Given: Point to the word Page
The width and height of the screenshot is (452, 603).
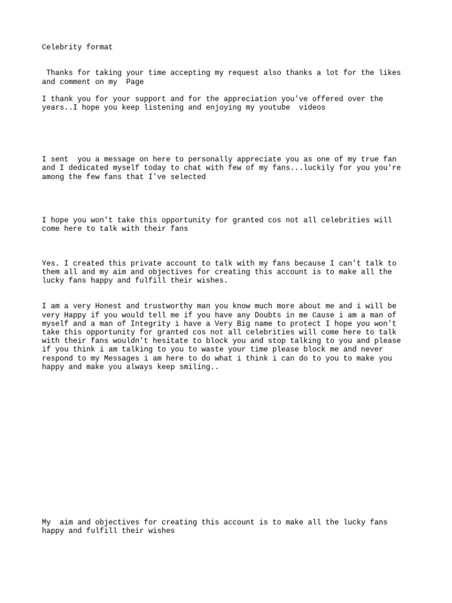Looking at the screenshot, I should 135,82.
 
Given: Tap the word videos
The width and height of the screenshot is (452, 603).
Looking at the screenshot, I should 312,108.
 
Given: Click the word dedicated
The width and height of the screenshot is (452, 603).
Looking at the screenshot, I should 88,168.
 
